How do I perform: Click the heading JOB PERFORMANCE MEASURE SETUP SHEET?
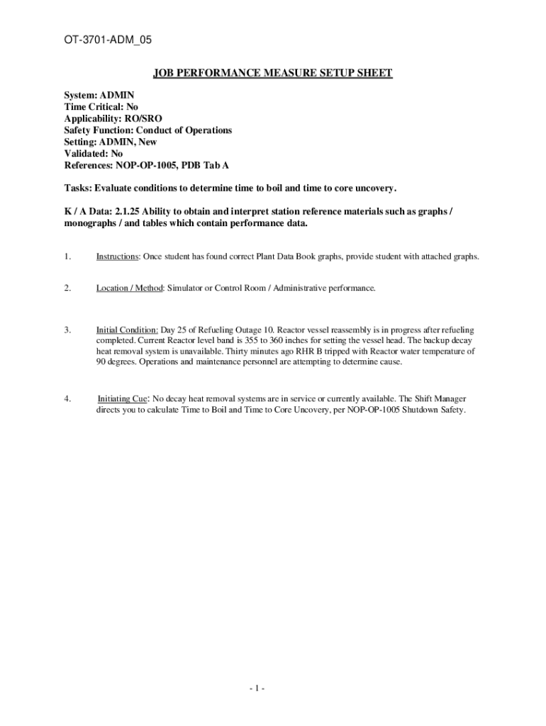[274, 73]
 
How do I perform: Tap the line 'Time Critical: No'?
[101, 107]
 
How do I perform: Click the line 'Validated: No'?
[93, 154]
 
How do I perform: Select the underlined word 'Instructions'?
[118, 257]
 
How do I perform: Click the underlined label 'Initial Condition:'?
[127, 330]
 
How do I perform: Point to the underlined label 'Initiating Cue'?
[123, 399]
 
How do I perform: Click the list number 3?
[67, 330]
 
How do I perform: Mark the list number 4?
[67, 399]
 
